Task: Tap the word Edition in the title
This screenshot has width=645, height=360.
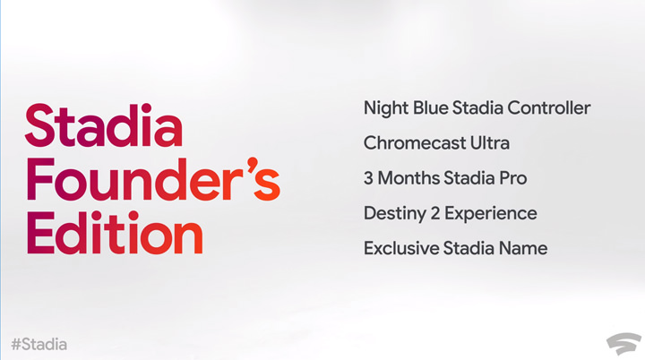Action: (x=115, y=235)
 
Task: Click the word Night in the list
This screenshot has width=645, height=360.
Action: (x=383, y=108)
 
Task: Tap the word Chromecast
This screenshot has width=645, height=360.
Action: (x=413, y=143)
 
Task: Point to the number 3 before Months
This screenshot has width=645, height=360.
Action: (x=368, y=178)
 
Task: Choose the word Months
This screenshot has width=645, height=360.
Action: (x=408, y=178)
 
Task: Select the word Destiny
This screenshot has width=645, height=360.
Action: (x=393, y=213)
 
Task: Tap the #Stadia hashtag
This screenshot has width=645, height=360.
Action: (x=39, y=344)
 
